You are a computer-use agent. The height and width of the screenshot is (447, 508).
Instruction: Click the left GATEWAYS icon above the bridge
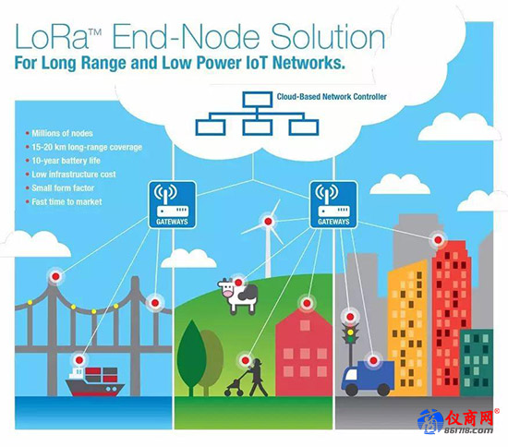172,205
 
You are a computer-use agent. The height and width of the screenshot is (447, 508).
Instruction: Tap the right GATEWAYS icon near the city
333,205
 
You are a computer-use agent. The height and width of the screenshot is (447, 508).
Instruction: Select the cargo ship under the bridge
95,381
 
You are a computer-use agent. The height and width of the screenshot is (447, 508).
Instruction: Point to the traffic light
351,340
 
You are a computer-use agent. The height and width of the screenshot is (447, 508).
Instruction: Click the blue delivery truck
368,379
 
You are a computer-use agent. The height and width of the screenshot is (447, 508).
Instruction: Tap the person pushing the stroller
257,378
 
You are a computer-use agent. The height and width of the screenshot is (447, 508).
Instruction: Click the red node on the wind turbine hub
268,222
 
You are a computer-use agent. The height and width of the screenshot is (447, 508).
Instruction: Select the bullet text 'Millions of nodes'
62,133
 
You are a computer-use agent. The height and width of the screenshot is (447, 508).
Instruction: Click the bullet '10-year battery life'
67,161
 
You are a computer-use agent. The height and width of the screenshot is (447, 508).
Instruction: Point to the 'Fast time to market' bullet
67,202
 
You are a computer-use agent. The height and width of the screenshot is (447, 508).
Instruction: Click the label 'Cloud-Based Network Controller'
332,97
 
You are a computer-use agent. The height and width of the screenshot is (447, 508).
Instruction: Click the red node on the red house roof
307,304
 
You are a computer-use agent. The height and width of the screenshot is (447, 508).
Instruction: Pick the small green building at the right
477,363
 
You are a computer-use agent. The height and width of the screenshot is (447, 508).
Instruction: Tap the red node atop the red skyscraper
438,240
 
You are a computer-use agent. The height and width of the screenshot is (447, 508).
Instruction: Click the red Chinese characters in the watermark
468,418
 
